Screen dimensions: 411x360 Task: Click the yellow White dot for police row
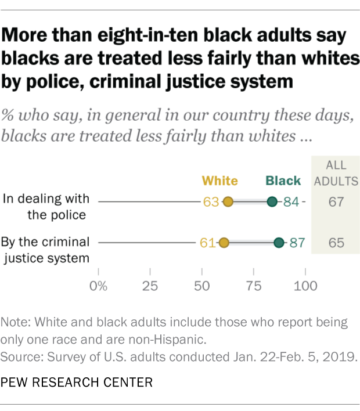(228, 202)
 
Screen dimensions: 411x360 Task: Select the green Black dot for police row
(272, 202)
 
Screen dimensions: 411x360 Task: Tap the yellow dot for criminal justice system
(224, 243)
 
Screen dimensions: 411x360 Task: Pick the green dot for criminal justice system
(279, 243)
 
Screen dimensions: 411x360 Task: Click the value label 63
(211, 202)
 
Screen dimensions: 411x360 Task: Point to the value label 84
(291, 202)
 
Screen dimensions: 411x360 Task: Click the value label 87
(297, 243)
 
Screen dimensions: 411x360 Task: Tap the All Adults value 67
(336, 202)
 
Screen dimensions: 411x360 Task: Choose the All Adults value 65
(336, 243)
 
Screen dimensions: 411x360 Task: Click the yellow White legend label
(219, 181)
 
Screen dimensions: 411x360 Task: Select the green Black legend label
(283, 181)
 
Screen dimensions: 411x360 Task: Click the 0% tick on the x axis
(99, 286)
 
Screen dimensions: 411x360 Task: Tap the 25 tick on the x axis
(150, 286)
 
